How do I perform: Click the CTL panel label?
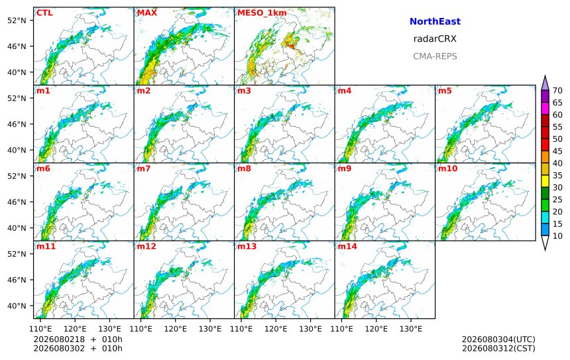coord(44,13)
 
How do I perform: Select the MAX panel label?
coord(147,13)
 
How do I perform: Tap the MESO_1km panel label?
coord(262,13)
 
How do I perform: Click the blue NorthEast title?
coord(435,21)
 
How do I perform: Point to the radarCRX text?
coord(435,39)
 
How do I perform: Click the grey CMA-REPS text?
coord(435,56)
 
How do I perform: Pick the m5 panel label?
coord(445,91)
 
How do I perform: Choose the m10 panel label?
coord(447,168)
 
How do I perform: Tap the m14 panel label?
coord(347,247)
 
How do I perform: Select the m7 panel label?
coord(144,168)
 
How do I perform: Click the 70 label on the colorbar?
coord(557,91)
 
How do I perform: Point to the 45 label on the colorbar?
coord(557,151)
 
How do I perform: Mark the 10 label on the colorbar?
coord(557,236)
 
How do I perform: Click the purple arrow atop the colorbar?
coord(545,83)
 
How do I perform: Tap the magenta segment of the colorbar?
coord(545,108)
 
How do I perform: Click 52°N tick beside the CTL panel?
coord(17,21)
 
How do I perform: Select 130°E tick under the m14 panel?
coord(411,330)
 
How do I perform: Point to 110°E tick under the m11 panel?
coord(40,330)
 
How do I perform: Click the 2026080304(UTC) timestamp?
coord(498,339)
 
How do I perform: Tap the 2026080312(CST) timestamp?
coord(498,348)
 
